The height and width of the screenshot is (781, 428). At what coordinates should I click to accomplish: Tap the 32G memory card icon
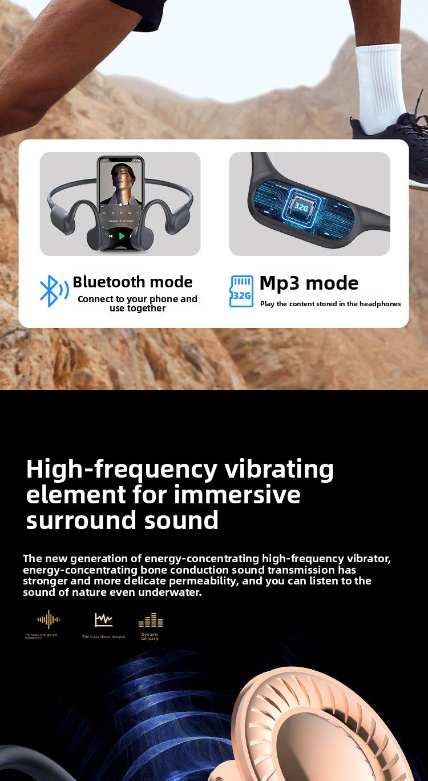pyautogui.click(x=241, y=291)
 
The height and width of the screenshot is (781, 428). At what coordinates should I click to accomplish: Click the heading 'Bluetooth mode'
pyautogui.click(x=132, y=282)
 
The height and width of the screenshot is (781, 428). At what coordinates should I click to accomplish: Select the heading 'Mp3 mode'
pyautogui.click(x=309, y=283)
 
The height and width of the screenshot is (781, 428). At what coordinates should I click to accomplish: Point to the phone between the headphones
pyautogui.click(x=121, y=203)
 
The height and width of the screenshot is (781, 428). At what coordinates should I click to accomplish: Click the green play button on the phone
pyautogui.click(x=122, y=236)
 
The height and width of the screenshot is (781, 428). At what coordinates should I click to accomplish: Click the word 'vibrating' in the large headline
pyautogui.click(x=278, y=470)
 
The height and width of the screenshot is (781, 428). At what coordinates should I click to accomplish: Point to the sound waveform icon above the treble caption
pyautogui.click(x=49, y=619)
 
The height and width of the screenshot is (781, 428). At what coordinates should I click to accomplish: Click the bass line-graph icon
pyautogui.click(x=103, y=619)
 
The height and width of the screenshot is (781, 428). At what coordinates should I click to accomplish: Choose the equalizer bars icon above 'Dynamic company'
pyautogui.click(x=151, y=620)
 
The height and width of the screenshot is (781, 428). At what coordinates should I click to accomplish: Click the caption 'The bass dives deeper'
pyautogui.click(x=103, y=636)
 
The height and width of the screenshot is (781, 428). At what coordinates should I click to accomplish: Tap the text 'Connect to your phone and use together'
pyautogui.click(x=138, y=303)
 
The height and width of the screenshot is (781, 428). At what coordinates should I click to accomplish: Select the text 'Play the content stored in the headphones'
pyautogui.click(x=330, y=304)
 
